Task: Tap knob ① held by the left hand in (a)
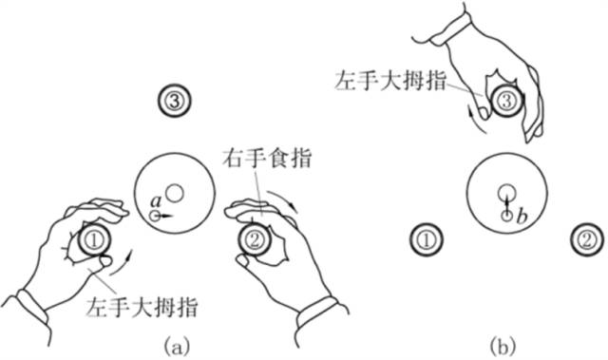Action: (94, 241)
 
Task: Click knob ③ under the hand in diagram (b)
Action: (505, 99)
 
